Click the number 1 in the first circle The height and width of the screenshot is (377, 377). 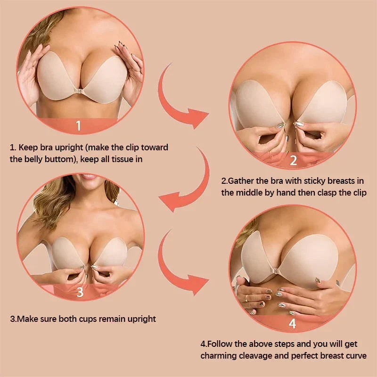[x=78, y=126]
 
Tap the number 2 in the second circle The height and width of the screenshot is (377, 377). [x=293, y=160]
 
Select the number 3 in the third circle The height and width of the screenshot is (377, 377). [x=80, y=292]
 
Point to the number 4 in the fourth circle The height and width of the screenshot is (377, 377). [x=292, y=323]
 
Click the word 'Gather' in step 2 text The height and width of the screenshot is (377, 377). [x=241, y=180]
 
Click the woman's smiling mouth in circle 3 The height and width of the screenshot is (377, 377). [x=88, y=176]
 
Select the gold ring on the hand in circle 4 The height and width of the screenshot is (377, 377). [x=246, y=298]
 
